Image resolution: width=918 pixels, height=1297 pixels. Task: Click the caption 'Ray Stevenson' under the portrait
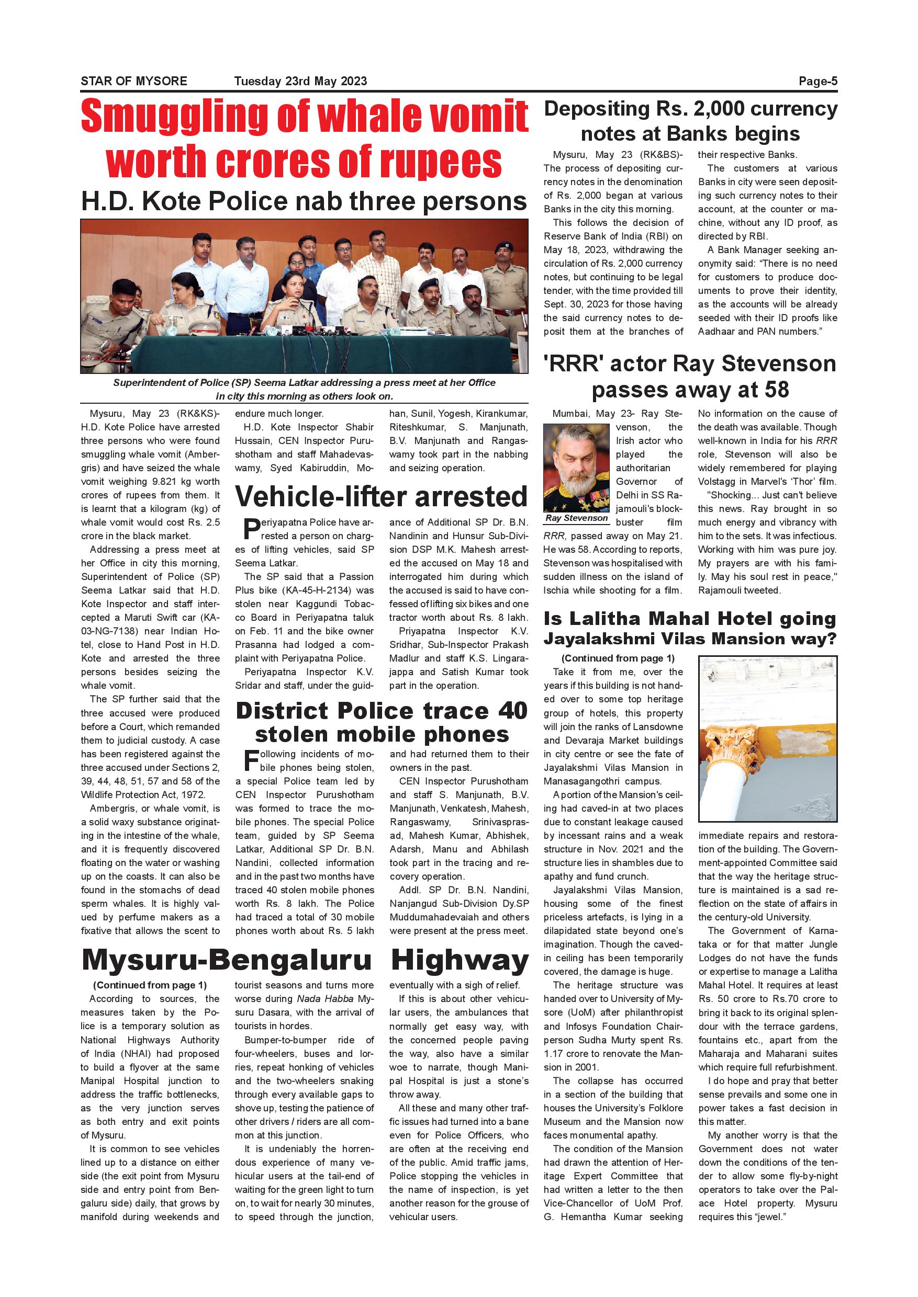(x=577, y=518)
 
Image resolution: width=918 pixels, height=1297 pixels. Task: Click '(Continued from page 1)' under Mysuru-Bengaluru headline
(x=150, y=985)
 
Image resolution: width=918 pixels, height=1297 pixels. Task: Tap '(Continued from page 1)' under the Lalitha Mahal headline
(x=618, y=658)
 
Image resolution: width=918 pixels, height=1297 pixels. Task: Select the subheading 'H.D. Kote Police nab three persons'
(x=304, y=201)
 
